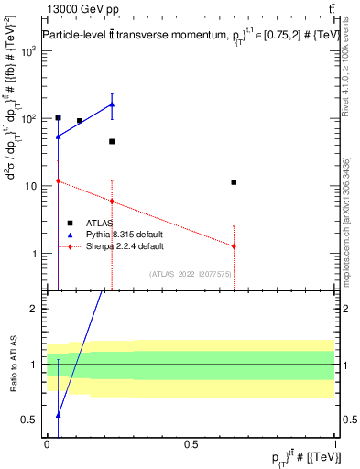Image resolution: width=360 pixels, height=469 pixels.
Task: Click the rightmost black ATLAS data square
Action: [x=235, y=182]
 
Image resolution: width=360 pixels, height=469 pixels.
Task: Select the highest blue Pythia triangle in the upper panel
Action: [x=112, y=104]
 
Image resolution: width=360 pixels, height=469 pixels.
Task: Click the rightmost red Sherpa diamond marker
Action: [x=235, y=246]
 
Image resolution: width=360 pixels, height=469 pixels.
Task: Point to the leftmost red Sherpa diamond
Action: [x=59, y=181]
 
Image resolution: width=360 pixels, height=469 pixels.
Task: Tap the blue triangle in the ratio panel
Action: [x=59, y=415]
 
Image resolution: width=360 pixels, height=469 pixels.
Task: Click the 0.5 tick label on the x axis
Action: [x=191, y=443]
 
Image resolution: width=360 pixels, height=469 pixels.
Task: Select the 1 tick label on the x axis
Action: [x=335, y=443]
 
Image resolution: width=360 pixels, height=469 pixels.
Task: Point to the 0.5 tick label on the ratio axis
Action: [x=29, y=420]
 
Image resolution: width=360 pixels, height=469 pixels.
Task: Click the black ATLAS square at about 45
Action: [x=112, y=141]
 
